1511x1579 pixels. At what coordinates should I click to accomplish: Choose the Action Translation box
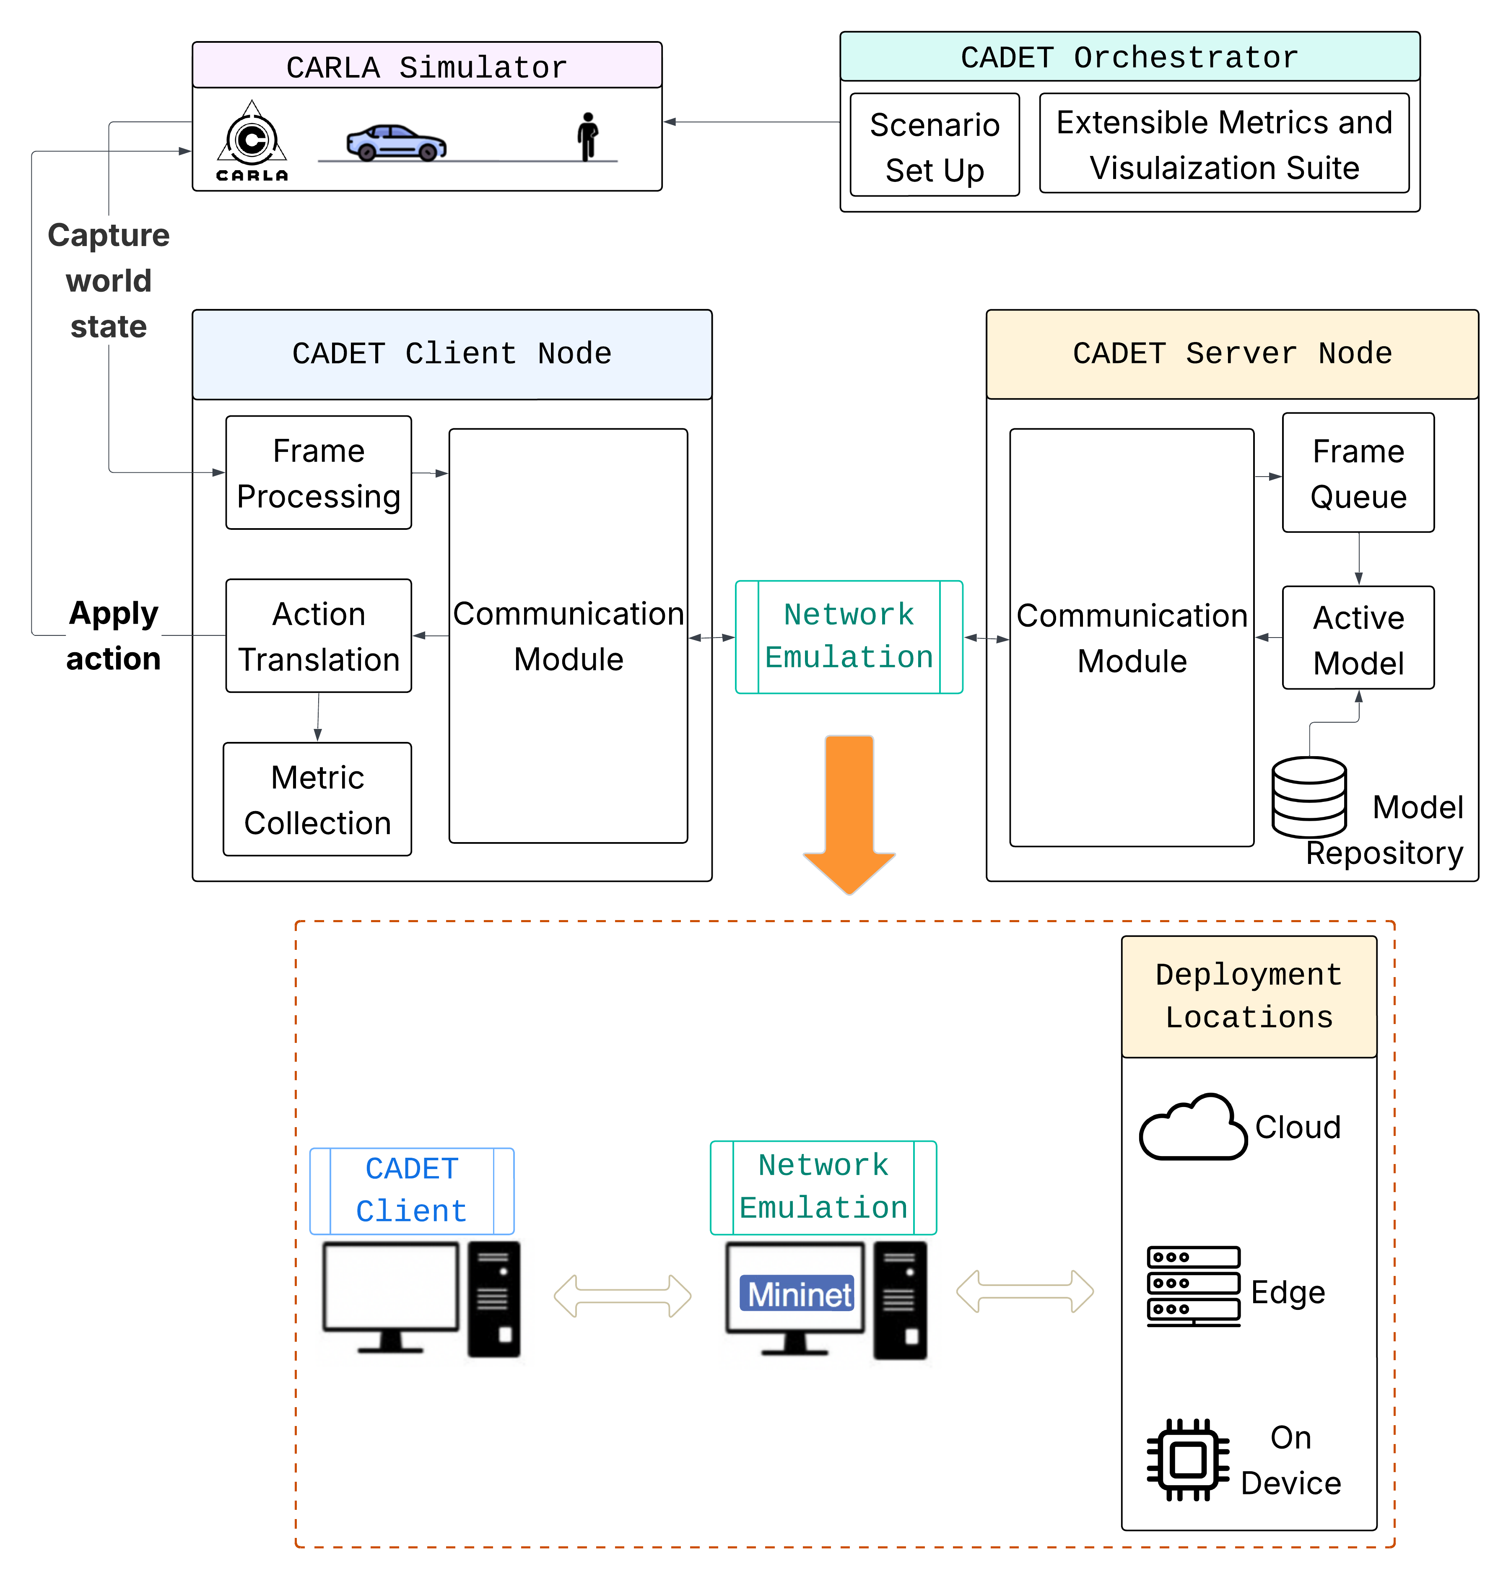[319, 636]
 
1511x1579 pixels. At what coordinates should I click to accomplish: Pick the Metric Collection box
[317, 800]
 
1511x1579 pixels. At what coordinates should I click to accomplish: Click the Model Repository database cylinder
[1309, 797]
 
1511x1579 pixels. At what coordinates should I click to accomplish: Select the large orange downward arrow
[849, 813]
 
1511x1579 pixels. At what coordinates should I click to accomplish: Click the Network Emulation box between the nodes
[849, 636]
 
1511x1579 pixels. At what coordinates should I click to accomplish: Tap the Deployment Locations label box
[1249, 996]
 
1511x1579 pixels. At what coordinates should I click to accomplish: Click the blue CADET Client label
[412, 1190]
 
